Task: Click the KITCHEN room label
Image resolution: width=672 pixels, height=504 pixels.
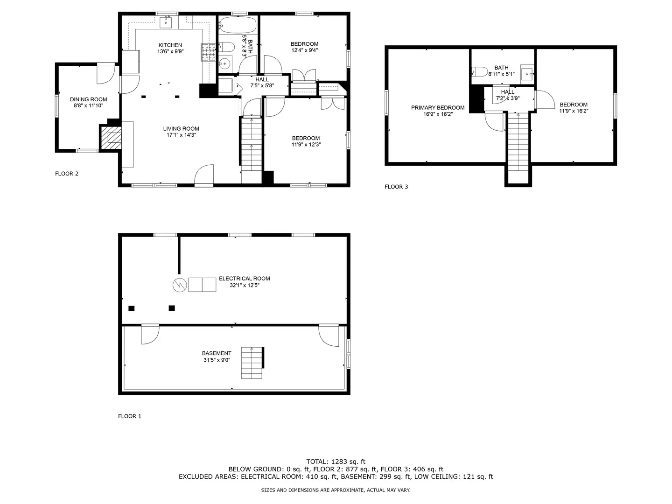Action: point(170,45)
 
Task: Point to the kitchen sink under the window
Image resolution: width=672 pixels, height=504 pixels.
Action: point(167,21)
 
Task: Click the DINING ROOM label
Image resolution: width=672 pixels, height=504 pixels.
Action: point(88,99)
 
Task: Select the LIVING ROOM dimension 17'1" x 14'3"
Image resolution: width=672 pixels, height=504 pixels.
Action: point(181,135)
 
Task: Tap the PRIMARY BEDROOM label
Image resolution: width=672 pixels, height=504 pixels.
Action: point(437,108)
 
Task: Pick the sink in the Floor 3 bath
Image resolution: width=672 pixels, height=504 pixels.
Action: point(527,73)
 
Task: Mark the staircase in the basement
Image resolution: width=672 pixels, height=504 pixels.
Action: point(252,363)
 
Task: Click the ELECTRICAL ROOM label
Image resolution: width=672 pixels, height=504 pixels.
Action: point(244,279)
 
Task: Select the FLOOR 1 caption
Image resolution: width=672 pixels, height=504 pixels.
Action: point(129,416)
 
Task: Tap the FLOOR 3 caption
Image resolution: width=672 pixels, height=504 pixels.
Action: point(396,187)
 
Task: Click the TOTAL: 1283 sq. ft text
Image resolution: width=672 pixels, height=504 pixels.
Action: point(336,462)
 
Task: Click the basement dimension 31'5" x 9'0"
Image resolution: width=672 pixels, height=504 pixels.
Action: point(217,360)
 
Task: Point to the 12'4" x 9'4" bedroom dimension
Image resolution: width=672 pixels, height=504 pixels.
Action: point(304,50)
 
